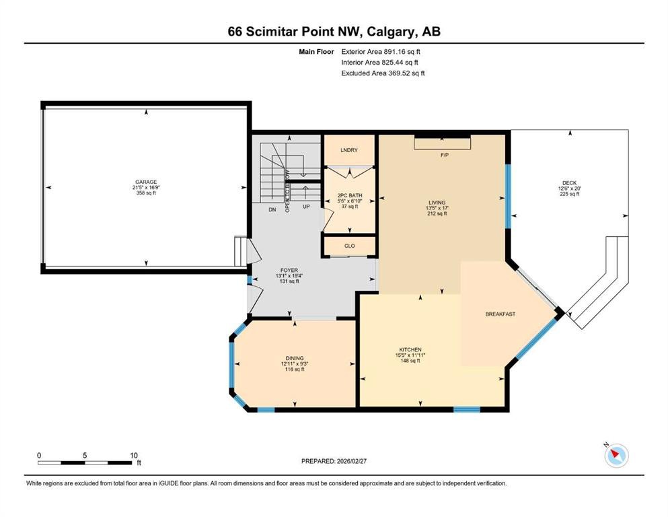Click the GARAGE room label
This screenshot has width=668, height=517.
(146, 182)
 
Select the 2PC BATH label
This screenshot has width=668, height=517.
(349, 196)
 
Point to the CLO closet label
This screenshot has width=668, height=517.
(349, 246)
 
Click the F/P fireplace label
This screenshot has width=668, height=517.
(444, 155)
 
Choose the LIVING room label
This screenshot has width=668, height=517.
(437, 203)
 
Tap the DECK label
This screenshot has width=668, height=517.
(569, 182)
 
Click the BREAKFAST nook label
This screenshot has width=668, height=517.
(500, 314)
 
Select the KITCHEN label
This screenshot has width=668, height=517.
(410, 349)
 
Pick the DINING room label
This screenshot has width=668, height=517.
(294, 357)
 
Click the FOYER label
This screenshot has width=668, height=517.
(288, 270)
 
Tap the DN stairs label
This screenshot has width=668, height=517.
(272, 210)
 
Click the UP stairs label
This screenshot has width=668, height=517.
(306, 207)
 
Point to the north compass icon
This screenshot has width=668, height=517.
(615, 456)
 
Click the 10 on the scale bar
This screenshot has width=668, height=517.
(133, 454)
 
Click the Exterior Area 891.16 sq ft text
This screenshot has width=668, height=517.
(383, 51)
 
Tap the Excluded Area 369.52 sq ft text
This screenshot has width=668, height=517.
(383, 73)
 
